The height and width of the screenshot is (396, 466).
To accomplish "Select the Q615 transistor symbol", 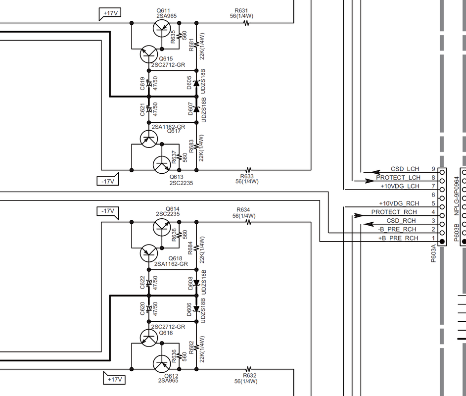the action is [x=148, y=54].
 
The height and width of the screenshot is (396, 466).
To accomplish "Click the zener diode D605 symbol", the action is [x=196, y=84].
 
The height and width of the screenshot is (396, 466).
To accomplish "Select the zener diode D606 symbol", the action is [x=196, y=309].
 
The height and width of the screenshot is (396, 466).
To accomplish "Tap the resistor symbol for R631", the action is [x=245, y=23].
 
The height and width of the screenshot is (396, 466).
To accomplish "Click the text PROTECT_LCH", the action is [x=398, y=178].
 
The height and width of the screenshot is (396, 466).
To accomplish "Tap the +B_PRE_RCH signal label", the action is [x=398, y=239].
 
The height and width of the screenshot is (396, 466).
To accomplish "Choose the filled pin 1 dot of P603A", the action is [x=443, y=241].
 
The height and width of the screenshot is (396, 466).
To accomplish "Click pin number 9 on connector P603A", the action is [x=433, y=169].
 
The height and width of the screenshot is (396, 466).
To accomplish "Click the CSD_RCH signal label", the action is [x=401, y=221].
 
